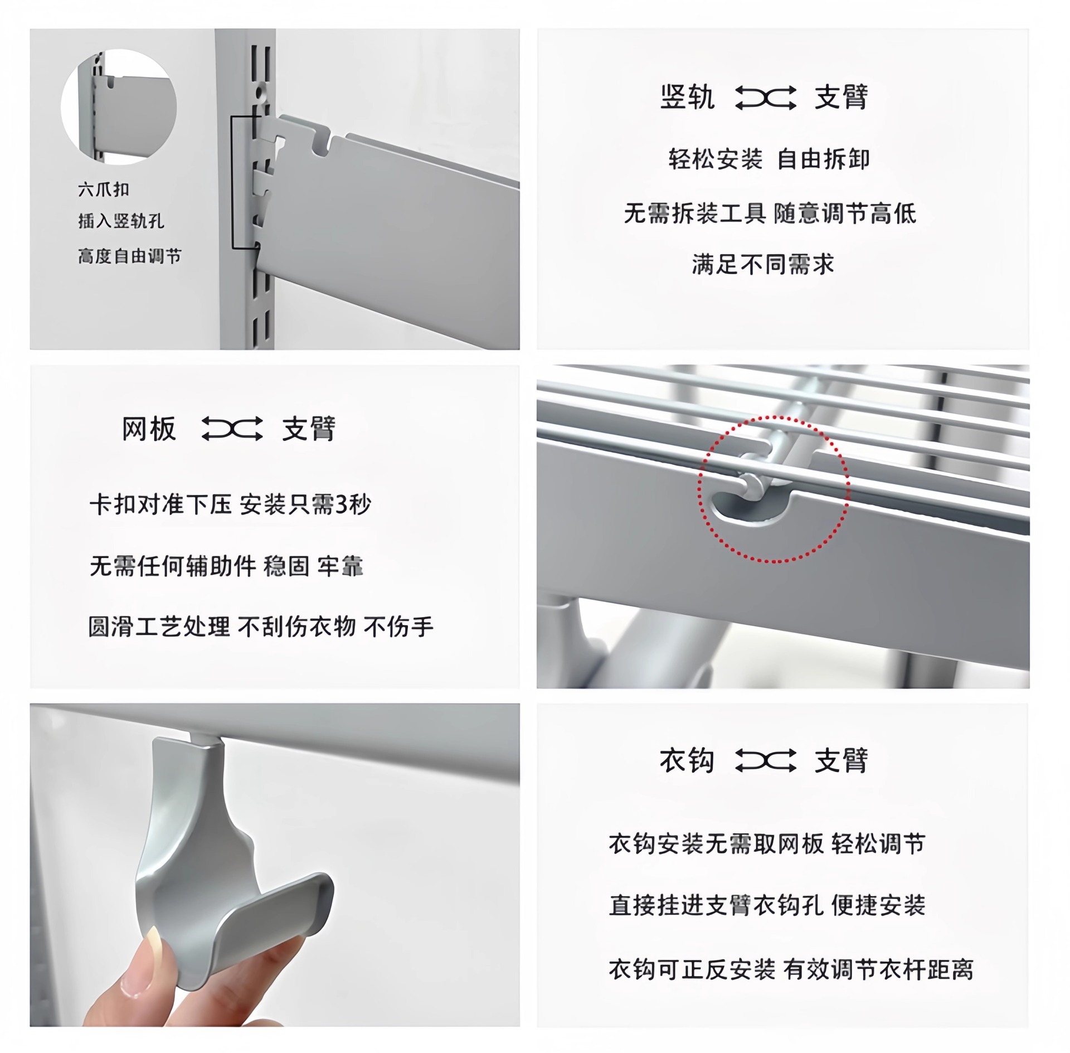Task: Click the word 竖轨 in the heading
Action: (687, 98)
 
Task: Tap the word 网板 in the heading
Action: (149, 429)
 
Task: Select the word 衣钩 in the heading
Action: (687, 760)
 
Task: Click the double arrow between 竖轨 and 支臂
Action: (766, 98)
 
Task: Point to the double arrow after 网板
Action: (232, 429)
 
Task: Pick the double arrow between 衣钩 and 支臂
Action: (766, 761)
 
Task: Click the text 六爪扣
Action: (104, 190)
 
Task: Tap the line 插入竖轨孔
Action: (121, 221)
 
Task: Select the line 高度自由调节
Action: (130, 256)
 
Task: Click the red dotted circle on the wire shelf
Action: (774, 489)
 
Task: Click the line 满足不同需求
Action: (763, 264)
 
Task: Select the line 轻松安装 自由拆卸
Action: (769, 159)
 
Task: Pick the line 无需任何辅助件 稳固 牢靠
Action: (226, 566)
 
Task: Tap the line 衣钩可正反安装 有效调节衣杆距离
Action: (791, 970)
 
